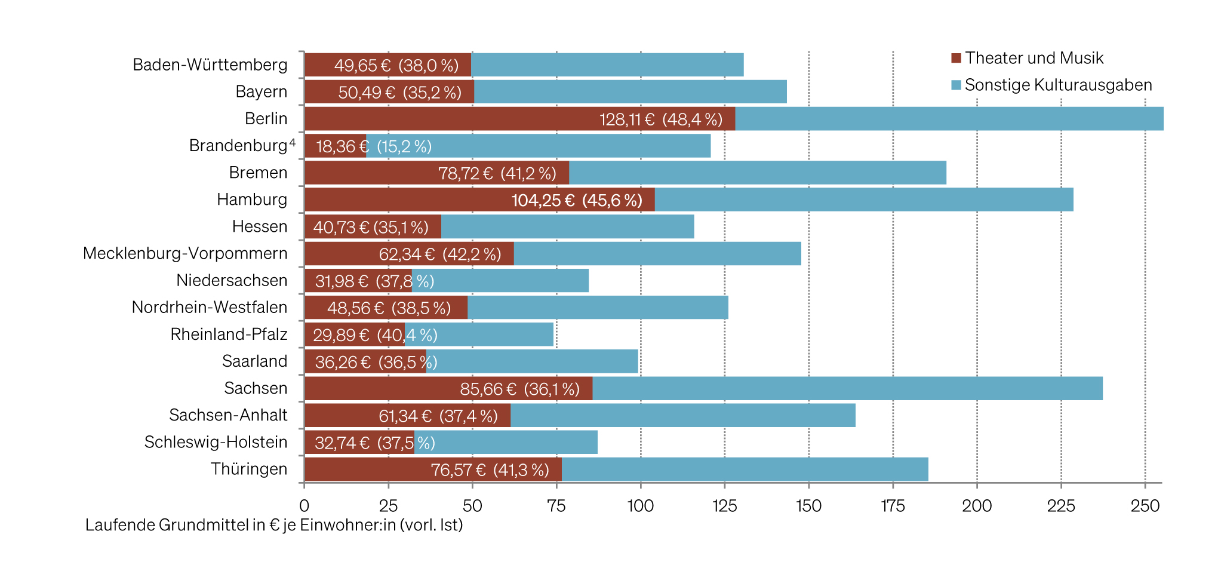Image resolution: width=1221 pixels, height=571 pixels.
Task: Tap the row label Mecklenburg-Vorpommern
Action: [x=185, y=253]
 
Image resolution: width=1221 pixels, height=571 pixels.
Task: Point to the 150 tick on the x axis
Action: [x=808, y=506]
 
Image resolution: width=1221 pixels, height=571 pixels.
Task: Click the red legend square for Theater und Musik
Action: [x=956, y=58]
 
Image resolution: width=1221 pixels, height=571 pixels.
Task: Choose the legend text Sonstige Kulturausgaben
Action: [x=1058, y=85]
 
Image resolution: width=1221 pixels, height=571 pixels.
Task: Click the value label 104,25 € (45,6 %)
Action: [x=577, y=200]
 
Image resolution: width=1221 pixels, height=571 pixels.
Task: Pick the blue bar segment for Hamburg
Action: [x=863, y=199]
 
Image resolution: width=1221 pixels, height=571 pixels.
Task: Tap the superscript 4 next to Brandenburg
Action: [x=293, y=142]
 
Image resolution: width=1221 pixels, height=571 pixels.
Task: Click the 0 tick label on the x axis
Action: [x=304, y=506]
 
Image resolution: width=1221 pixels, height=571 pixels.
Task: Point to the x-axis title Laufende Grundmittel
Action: [x=274, y=525]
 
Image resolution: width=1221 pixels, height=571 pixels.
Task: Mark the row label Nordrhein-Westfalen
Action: [x=210, y=307]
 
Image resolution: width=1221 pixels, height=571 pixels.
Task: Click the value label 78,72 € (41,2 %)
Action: [x=497, y=173]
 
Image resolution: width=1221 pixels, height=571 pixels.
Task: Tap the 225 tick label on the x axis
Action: [x=1061, y=506]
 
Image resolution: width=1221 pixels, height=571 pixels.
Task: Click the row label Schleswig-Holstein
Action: [x=216, y=442]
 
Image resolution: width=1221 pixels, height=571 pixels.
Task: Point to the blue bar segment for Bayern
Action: [x=630, y=92]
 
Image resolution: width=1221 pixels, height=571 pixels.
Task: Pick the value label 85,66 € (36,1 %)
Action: [x=519, y=389]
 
